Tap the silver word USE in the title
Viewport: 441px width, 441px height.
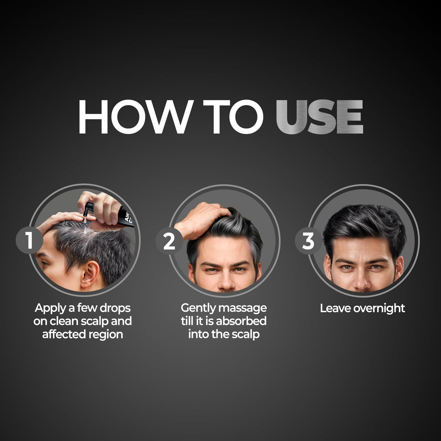(x=319, y=117)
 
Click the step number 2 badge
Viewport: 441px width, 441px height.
(x=169, y=242)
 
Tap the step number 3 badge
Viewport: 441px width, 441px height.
(x=308, y=241)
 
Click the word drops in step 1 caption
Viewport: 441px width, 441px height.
(x=115, y=308)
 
